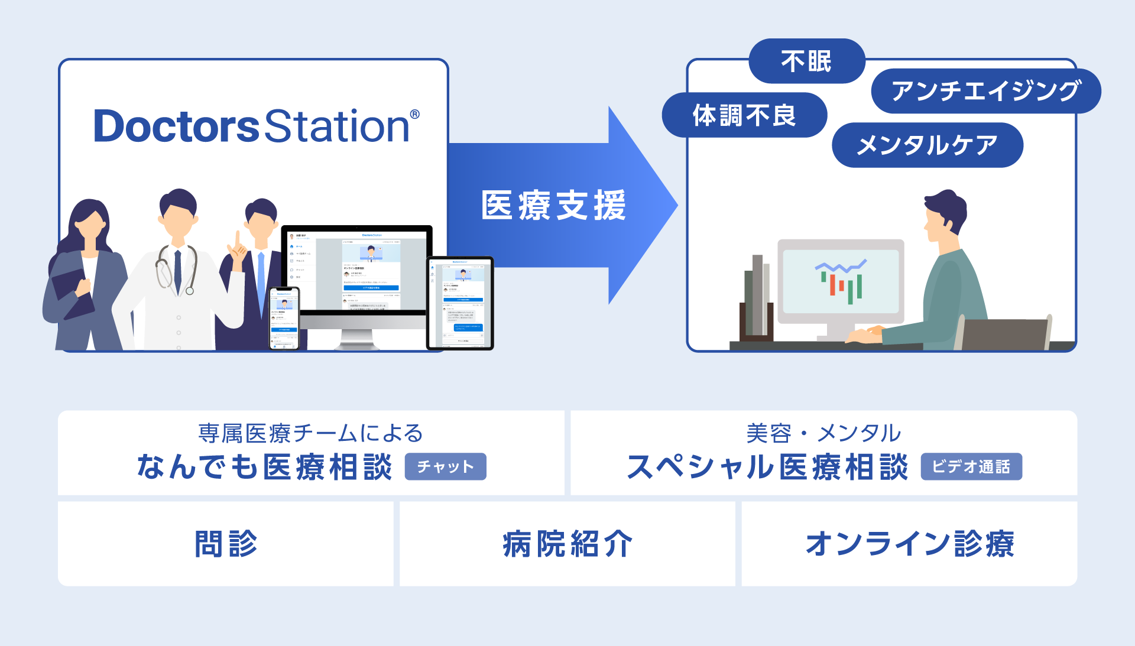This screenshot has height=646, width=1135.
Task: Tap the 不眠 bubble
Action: [806, 61]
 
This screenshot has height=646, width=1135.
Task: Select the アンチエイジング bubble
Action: [985, 91]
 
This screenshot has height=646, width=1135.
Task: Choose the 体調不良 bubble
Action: [744, 115]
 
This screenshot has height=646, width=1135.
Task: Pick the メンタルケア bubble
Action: [927, 145]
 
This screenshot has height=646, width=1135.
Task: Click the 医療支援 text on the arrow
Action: [553, 206]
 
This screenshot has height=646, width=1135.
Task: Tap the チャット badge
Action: [445, 467]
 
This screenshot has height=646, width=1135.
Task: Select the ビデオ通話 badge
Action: [971, 467]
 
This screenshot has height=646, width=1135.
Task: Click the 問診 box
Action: [226, 544]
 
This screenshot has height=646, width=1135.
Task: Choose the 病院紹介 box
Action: [567, 544]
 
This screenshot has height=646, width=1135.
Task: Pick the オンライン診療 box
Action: [909, 544]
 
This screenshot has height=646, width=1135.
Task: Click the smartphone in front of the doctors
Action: [284, 318]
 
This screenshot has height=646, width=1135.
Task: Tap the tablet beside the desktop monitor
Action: [460, 303]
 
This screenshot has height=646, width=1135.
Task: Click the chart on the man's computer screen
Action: [841, 281]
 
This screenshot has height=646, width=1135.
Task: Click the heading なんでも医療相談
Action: [264, 467]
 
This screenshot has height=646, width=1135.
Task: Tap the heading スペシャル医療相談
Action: [767, 467]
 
